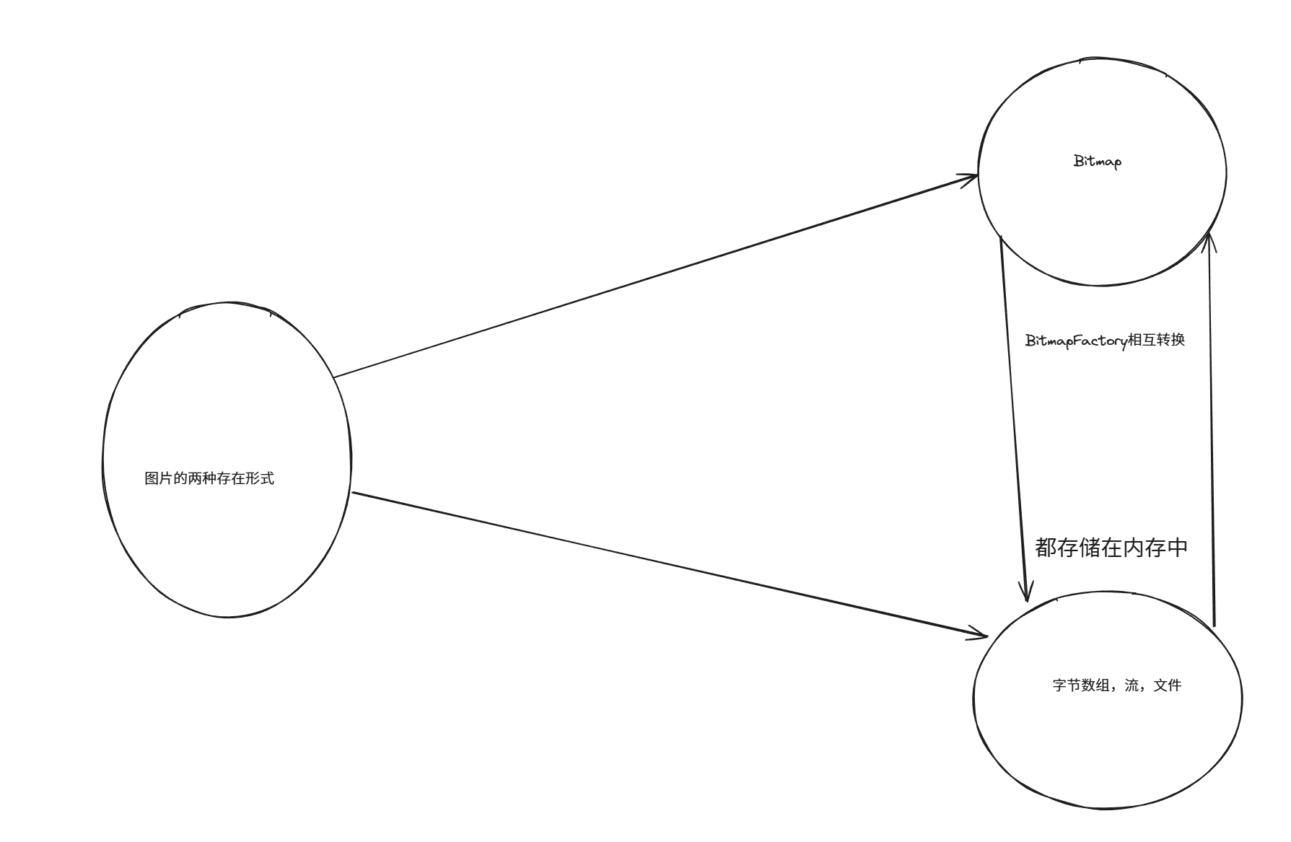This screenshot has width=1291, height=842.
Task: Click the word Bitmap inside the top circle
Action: point(1098,162)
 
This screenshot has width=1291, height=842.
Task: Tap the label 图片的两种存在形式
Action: point(209,478)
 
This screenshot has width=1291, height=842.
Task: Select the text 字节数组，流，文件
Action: point(1116,685)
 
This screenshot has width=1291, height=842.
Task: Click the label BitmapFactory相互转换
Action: point(1105,340)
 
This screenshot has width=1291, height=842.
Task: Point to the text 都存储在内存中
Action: point(1111,548)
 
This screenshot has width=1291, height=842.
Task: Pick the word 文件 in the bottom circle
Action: point(1168,685)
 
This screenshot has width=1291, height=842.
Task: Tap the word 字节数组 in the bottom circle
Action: point(1081,685)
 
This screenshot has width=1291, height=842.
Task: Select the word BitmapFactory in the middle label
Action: point(1076,341)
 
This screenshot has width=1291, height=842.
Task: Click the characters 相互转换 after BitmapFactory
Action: point(1156,339)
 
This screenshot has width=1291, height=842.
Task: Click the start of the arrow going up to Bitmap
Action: point(1215,625)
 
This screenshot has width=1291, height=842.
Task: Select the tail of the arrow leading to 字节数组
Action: point(352,493)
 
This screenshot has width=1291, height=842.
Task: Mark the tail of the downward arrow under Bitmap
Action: point(1001,237)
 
